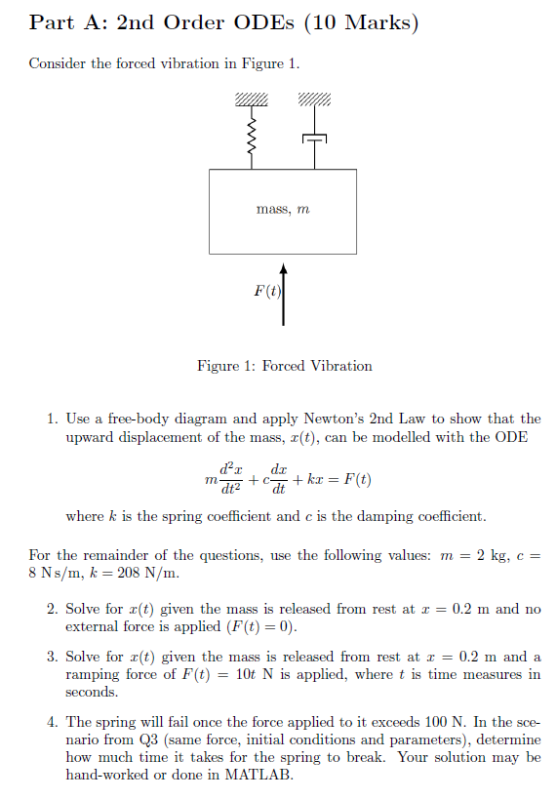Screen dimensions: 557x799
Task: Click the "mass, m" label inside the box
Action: tap(283, 209)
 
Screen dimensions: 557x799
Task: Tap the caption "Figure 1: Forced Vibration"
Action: tap(284, 367)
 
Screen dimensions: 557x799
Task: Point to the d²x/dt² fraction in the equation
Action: tap(231, 479)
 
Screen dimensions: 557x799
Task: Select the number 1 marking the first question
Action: tap(52, 419)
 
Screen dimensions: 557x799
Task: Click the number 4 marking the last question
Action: tap(52, 722)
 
